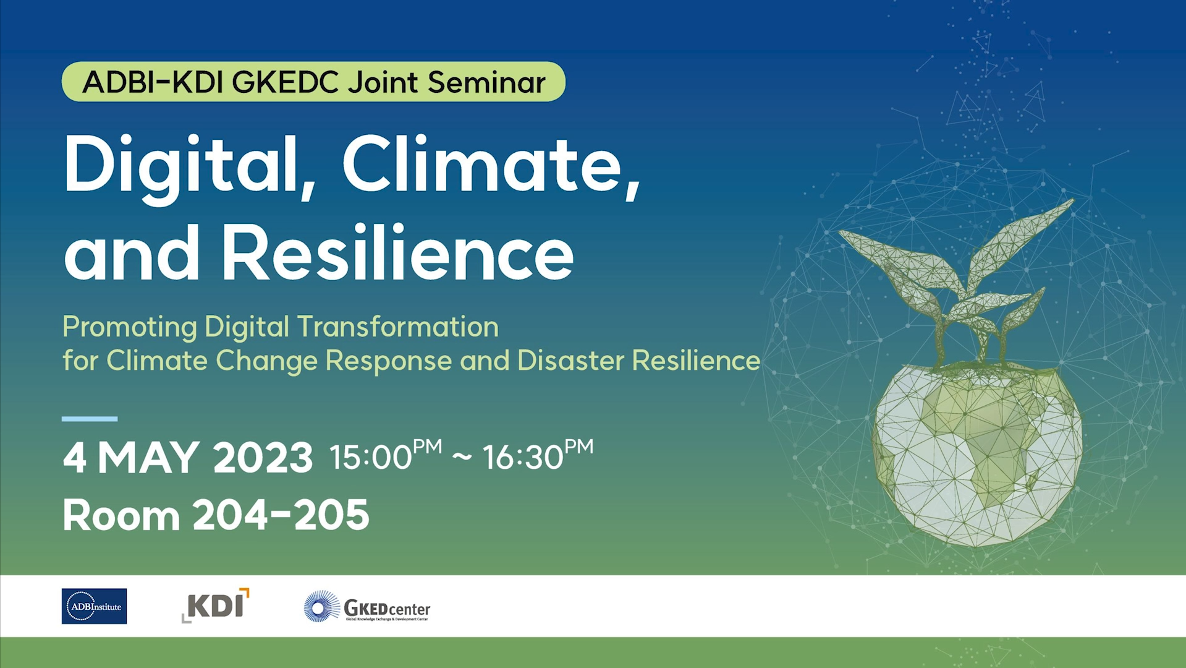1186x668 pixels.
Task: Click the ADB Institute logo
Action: point(94,606)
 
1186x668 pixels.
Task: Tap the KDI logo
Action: point(216,605)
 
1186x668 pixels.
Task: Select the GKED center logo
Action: point(367,607)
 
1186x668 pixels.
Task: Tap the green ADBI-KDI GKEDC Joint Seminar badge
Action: point(313,82)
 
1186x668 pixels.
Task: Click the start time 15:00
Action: point(370,458)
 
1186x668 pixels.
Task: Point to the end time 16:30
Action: point(523,458)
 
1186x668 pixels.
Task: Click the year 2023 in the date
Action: point(263,458)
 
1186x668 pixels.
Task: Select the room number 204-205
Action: point(281,515)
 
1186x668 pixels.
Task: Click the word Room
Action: point(121,515)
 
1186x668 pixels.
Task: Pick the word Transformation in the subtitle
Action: point(398,327)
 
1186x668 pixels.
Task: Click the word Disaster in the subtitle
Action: point(570,361)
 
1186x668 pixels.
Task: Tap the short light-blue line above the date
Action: point(90,419)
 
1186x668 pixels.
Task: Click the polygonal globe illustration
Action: point(976,455)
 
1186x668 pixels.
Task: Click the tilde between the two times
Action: point(462,458)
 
